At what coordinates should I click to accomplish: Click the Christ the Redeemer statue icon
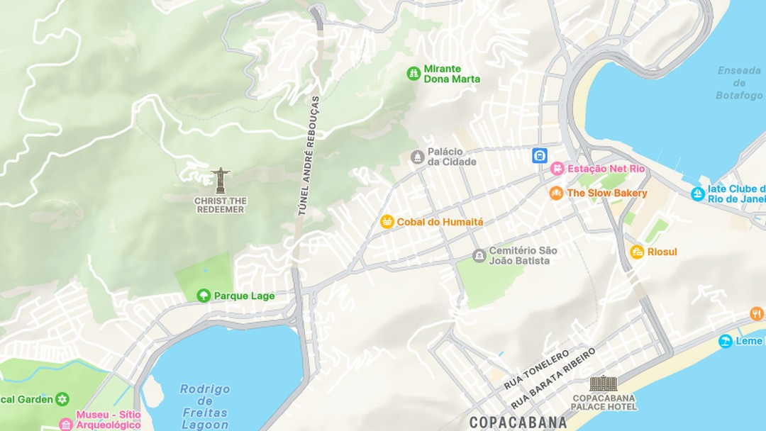pos(221,181)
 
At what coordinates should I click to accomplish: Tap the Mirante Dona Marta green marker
pos(413,73)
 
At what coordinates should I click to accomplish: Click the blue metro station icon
pos(540,155)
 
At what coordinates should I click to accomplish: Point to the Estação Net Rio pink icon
pos(557,169)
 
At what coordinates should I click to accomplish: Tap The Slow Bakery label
pos(607,193)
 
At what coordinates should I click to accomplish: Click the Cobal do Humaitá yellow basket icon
pos(387,222)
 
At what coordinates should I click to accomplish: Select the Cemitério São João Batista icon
pos(479,255)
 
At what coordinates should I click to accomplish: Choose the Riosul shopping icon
pos(637,252)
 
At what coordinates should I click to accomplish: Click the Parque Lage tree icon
pos(204,296)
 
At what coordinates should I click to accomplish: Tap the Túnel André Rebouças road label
pos(309,156)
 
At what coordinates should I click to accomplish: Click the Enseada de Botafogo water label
pos(739,83)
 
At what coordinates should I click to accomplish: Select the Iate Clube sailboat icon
pos(698,194)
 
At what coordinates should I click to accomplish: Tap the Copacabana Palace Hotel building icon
pos(604,383)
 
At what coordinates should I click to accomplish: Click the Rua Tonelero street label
pos(536,369)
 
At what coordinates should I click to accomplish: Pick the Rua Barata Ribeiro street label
pos(554,378)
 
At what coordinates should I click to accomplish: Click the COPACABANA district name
pos(518,422)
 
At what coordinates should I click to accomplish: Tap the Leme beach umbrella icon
pos(725,341)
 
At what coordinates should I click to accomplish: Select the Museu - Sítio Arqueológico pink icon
pos(66,424)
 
